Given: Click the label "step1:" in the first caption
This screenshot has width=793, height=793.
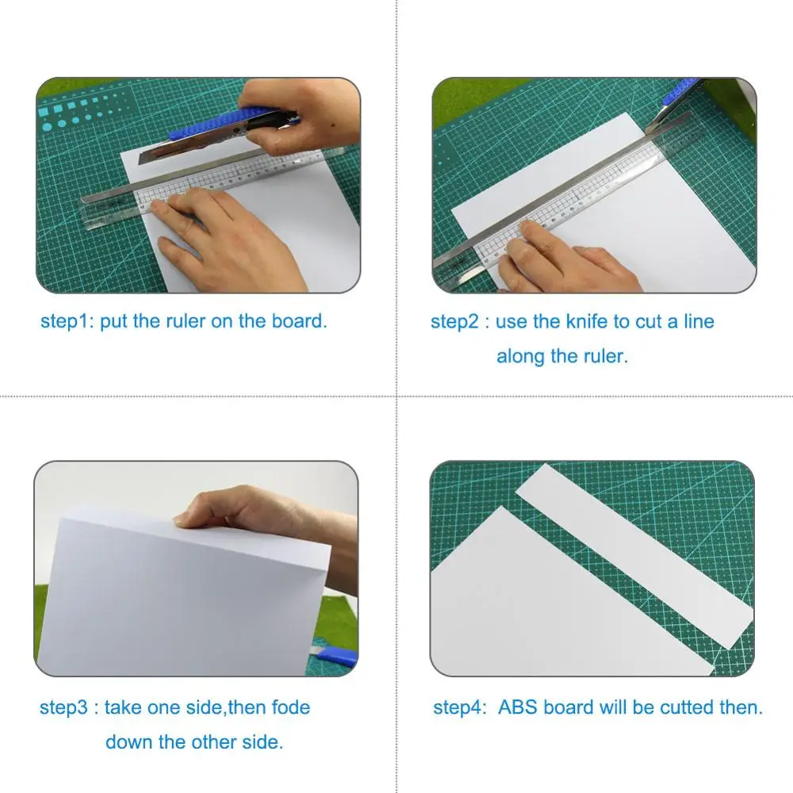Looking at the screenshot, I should click(x=67, y=321).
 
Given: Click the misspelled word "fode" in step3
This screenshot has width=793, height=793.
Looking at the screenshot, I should click(x=291, y=707).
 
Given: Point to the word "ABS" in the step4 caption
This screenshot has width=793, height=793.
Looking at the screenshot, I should click(x=519, y=707).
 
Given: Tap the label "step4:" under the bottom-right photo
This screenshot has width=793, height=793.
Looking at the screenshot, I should click(x=460, y=707).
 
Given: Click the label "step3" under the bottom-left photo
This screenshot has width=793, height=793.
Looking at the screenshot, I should click(x=64, y=707).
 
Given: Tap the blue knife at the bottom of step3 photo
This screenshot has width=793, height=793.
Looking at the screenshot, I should click(x=337, y=657).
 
